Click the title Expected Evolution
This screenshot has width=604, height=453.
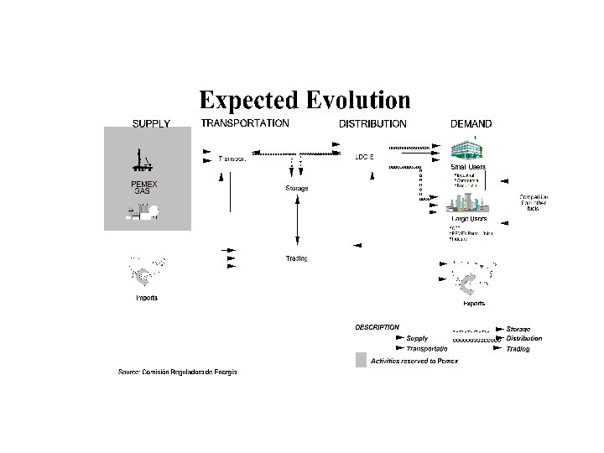click(304, 101)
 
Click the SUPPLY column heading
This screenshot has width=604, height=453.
click(151, 123)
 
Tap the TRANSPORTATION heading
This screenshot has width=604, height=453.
click(245, 122)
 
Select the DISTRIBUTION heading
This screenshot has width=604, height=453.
click(372, 123)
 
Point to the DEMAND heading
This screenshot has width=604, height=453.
click(471, 123)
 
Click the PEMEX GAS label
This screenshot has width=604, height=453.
click(143, 187)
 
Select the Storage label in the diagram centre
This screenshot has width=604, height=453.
click(297, 189)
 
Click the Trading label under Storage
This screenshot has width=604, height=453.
click(297, 258)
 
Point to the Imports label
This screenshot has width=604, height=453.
click(147, 299)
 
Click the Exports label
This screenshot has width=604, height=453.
click(473, 304)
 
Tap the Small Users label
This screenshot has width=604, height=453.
click(469, 167)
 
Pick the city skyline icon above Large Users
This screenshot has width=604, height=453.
click(469, 202)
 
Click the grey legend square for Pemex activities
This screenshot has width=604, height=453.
click(361, 360)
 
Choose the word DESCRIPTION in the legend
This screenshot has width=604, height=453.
click(377, 326)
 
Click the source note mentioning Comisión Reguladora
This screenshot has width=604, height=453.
click(177, 371)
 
